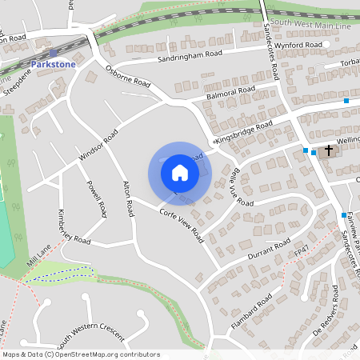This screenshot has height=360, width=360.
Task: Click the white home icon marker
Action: pyautogui.click(x=180, y=172)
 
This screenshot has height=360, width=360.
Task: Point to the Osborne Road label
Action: pyautogui.click(x=128, y=76)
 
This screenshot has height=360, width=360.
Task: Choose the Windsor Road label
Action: pyautogui.click(x=98, y=149)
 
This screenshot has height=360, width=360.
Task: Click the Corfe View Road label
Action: pyautogui.click(x=181, y=222)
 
